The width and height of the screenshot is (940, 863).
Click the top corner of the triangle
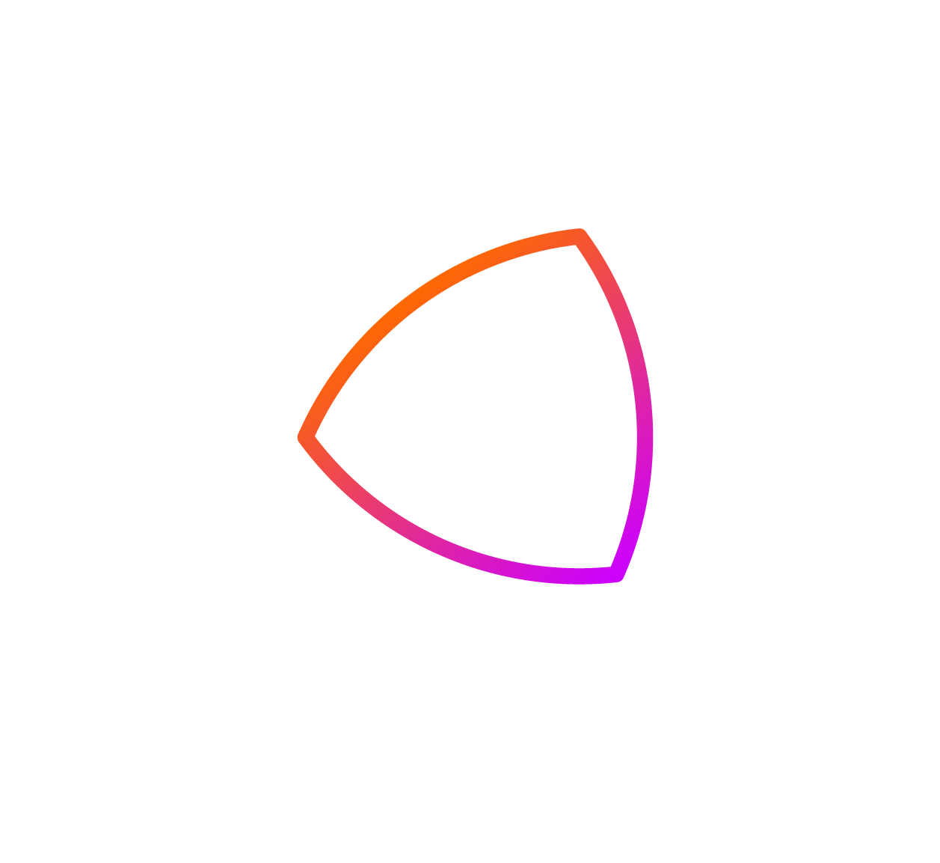[579, 237]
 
